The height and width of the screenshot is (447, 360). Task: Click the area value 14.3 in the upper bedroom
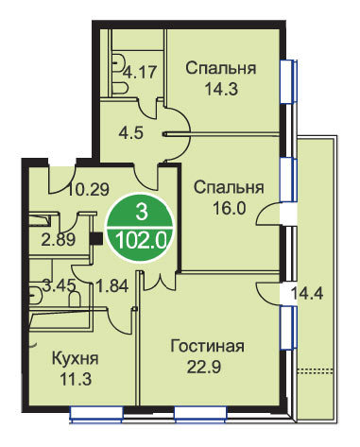221,89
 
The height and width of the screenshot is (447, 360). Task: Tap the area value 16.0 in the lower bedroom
229,208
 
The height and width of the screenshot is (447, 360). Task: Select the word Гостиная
207,346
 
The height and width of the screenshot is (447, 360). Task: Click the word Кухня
75,359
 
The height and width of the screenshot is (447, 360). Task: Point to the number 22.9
204,367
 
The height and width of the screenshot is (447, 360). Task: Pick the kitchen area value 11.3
76,380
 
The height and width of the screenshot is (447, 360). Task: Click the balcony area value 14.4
306,294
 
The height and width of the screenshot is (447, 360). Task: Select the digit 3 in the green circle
141,212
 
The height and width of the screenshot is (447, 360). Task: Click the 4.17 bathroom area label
140,72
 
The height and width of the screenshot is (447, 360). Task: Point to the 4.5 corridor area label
131,132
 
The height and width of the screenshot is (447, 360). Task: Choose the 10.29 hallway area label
89,190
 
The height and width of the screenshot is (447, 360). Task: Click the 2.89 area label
59,240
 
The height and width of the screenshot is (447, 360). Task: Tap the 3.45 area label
60,286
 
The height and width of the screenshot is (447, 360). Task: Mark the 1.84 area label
111,286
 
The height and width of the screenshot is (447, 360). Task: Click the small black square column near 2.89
96,238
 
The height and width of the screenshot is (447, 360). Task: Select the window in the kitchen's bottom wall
96,413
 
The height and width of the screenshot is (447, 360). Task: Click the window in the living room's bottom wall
200,413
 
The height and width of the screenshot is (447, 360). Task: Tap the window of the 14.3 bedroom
289,81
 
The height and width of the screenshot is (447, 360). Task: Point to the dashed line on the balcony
316,370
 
